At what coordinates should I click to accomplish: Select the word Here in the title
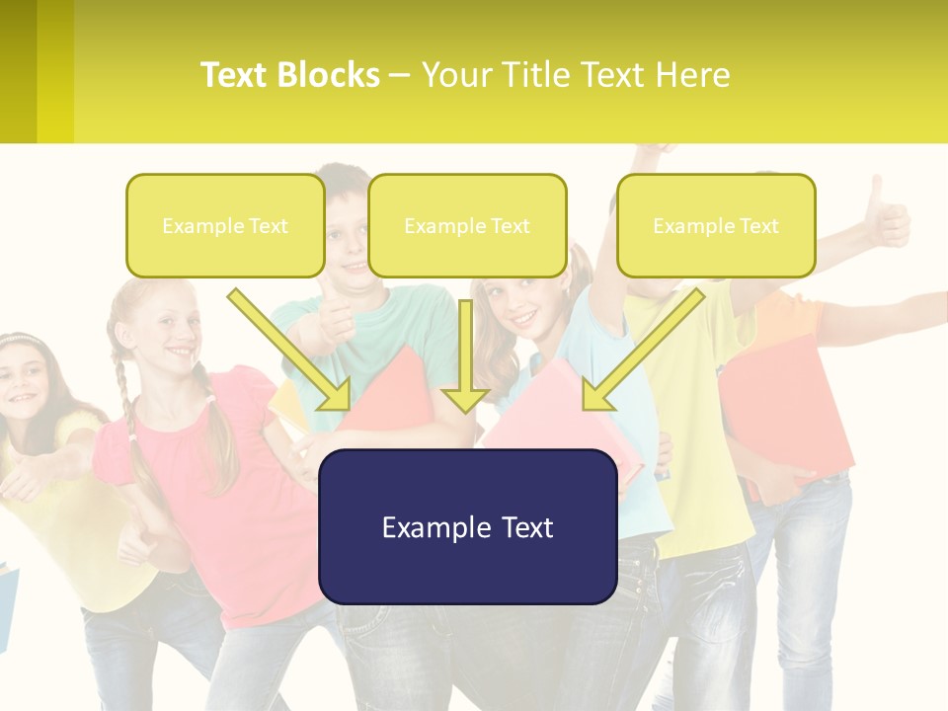click(x=692, y=75)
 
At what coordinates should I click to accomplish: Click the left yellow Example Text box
click(x=225, y=226)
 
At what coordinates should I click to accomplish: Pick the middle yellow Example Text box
click(x=467, y=226)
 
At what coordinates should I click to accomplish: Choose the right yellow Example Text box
click(x=716, y=226)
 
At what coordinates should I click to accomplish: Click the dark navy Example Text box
click(x=467, y=527)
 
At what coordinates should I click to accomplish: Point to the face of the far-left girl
click(x=24, y=379)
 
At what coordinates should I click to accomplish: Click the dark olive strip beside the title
click(x=18, y=71)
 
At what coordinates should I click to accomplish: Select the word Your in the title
click(x=455, y=75)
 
